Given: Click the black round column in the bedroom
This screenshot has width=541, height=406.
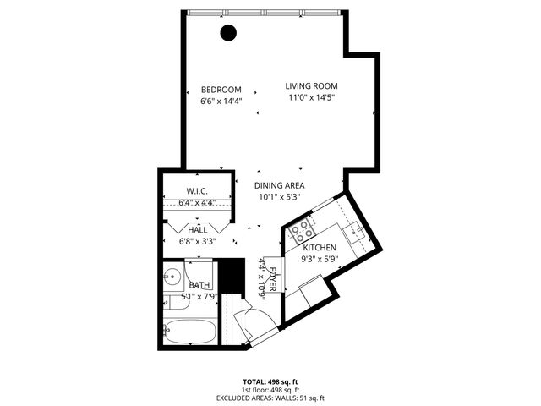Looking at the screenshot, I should point(227,33).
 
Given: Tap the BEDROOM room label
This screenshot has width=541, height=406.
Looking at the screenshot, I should point(221,90).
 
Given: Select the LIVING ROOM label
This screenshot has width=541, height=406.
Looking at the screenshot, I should point(311,86).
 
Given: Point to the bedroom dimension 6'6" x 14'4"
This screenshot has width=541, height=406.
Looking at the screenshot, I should point(221,101).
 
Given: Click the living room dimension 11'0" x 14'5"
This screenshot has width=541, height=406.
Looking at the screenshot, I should point(311,98).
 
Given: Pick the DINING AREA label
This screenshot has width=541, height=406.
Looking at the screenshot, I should point(280,185).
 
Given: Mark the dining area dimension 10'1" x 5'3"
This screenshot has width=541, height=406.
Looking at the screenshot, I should point(280,197).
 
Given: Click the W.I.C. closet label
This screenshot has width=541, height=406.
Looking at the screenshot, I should point(197,191).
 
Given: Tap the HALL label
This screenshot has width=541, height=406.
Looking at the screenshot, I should point(198,229).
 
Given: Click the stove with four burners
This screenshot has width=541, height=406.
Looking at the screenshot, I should point(302,231).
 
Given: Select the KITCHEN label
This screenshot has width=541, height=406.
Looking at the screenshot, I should point(320,247).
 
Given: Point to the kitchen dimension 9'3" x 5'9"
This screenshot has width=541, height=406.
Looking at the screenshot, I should point(320,259).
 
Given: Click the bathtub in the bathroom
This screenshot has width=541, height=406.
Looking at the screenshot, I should point(189,332).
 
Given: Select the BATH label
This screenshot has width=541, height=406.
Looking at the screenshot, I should point(200,286).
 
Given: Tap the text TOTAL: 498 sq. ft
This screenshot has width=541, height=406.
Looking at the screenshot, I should point(270,381).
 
